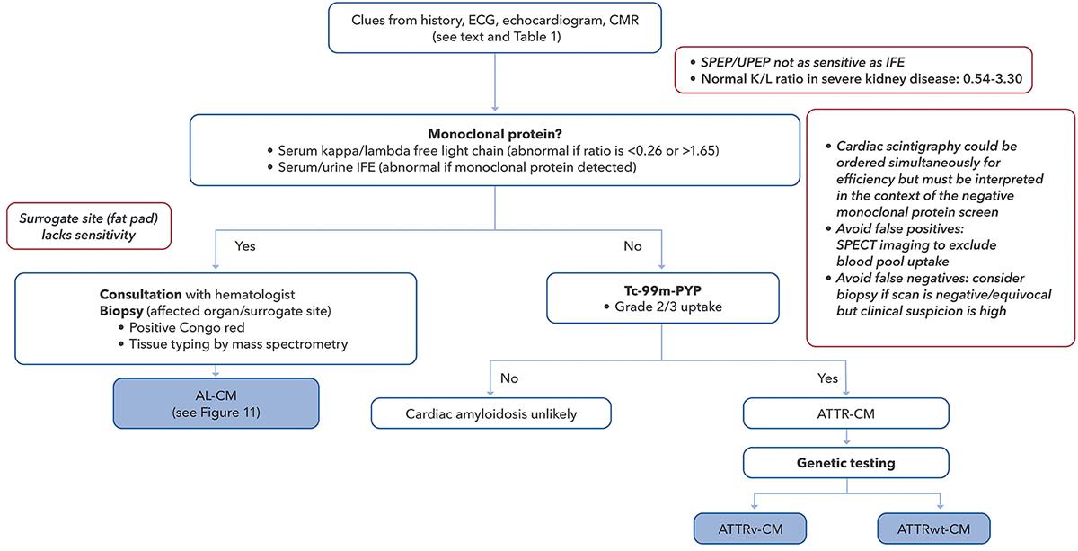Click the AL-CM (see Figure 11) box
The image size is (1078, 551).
216,404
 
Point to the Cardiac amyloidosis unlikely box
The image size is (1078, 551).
490,413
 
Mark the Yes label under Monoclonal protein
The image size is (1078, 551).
244,244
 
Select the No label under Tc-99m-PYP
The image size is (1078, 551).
508,378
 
